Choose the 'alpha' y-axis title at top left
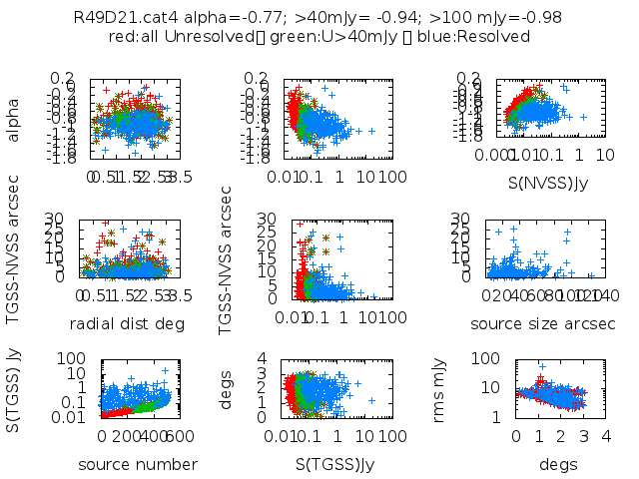(13, 118)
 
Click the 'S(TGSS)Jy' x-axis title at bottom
(332, 464)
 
